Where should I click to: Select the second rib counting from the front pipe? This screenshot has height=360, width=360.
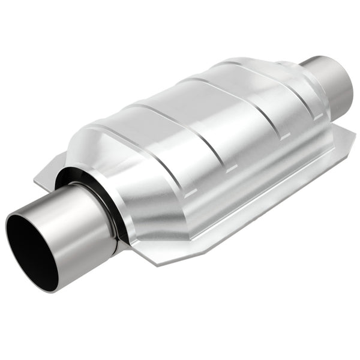[180, 126]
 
